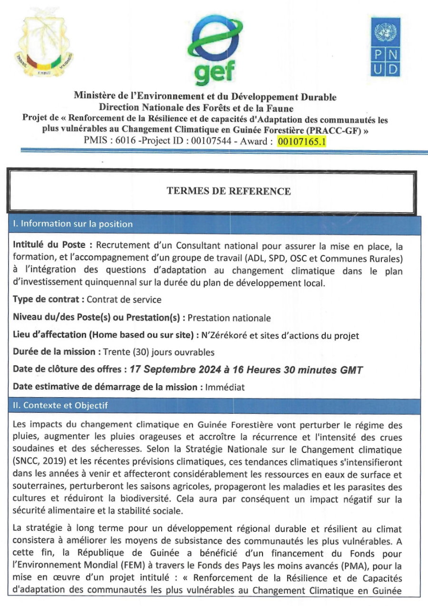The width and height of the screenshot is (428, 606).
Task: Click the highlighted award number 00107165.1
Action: click(x=302, y=141)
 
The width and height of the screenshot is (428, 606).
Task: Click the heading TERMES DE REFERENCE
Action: click(x=228, y=191)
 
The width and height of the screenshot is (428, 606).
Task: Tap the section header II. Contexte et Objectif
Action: click(x=60, y=406)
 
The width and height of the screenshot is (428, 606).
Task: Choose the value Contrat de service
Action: click(x=125, y=300)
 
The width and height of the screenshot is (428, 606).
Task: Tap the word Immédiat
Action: click(x=224, y=387)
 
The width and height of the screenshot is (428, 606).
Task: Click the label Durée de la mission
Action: click(x=55, y=352)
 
